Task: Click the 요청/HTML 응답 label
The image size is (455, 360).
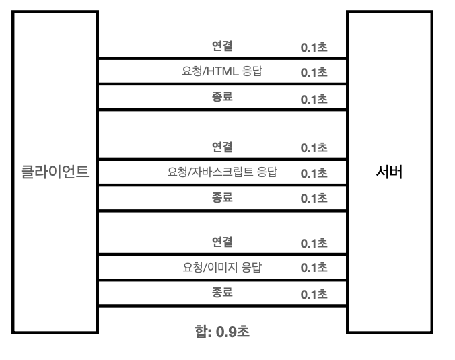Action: click(x=222, y=72)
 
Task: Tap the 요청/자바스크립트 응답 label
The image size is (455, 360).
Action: click(x=222, y=172)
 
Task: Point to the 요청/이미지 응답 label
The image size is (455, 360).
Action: click(x=222, y=267)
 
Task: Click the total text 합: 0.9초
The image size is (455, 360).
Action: click(x=222, y=332)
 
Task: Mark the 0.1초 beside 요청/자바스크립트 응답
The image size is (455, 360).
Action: click(x=314, y=173)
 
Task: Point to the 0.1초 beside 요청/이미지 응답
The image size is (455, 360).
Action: click(x=314, y=268)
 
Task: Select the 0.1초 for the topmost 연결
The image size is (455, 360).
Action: click(x=314, y=49)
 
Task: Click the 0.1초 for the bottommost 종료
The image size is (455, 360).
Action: click(x=314, y=294)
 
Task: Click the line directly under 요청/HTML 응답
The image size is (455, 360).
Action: click(x=222, y=84)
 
